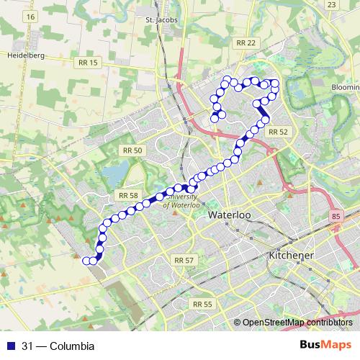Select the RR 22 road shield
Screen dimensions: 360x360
[246, 44]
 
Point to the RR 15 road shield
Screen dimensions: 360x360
[86, 63]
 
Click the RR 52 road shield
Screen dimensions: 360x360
[277, 132]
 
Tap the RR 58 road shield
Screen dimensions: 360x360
[127, 195]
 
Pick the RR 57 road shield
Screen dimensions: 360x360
[184, 259]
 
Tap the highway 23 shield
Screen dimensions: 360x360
[331, 4]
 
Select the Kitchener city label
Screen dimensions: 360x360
[292, 256]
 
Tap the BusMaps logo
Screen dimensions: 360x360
[327, 346]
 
